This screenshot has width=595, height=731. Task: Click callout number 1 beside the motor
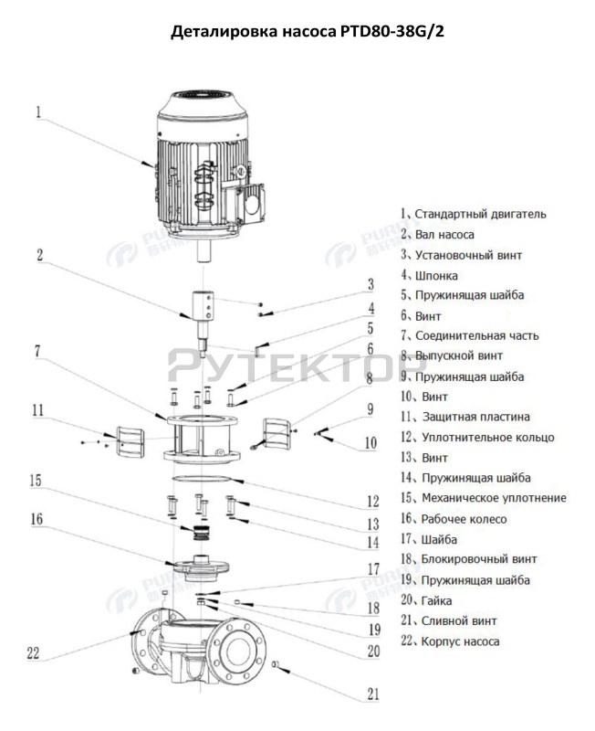tap(39, 113)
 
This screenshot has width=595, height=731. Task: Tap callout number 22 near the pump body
tap(33, 652)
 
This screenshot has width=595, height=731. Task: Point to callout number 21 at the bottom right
tap(372, 694)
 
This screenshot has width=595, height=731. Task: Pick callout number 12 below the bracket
tap(372, 501)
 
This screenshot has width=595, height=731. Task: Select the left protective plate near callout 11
tap(126, 440)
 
